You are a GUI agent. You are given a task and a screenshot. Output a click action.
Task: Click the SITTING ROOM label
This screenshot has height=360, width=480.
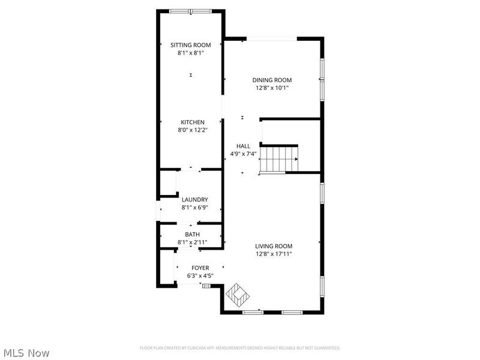[x=191, y=45]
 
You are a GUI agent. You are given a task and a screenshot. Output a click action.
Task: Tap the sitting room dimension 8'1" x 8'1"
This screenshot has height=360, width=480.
[x=191, y=53]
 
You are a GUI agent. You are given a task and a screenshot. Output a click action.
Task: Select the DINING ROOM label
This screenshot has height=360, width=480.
[x=272, y=80]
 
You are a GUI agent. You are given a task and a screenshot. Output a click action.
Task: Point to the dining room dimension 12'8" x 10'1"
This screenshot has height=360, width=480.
[x=272, y=88]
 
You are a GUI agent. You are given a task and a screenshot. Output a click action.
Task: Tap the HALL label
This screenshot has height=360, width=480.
[x=243, y=146]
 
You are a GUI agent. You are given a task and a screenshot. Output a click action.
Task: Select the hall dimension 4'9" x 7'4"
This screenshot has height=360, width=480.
[x=243, y=154]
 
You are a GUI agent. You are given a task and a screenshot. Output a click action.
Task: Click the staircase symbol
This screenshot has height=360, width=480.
[x=279, y=160]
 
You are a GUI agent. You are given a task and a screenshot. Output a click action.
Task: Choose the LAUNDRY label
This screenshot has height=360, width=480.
[x=195, y=200]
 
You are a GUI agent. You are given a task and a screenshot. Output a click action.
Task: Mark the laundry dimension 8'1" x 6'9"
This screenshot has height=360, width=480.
[x=195, y=208]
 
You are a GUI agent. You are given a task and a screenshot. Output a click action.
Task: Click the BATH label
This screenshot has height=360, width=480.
[x=193, y=235]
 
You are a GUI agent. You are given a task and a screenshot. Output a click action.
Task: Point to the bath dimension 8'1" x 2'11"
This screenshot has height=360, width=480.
[x=193, y=242]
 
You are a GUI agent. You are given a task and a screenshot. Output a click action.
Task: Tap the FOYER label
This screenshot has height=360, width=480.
[x=200, y=268]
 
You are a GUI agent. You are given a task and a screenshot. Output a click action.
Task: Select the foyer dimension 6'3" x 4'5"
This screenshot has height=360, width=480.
[x=200, y=276]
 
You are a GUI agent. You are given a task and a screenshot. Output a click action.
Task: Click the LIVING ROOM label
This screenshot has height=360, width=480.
[x=274, y=246]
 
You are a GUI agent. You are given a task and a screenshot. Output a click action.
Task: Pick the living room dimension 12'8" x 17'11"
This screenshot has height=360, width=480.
[x=274, y=254]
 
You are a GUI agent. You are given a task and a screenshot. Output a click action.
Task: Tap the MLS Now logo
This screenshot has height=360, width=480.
[x=26, y=353]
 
